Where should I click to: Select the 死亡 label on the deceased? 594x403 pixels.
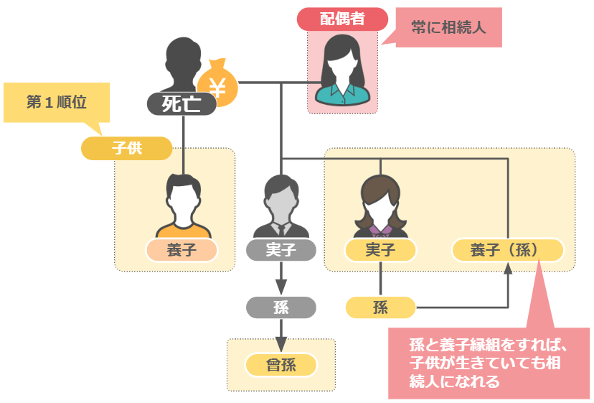pos(181,104)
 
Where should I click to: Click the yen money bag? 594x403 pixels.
pos(218,85)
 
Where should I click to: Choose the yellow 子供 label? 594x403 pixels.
pos(127,149)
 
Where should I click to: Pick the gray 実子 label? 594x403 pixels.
pos(280,250)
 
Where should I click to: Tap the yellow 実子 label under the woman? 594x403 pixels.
pos(380,250)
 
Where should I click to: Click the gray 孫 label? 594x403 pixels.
pos(280,307)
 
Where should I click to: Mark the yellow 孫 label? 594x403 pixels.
pos(380,307)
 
